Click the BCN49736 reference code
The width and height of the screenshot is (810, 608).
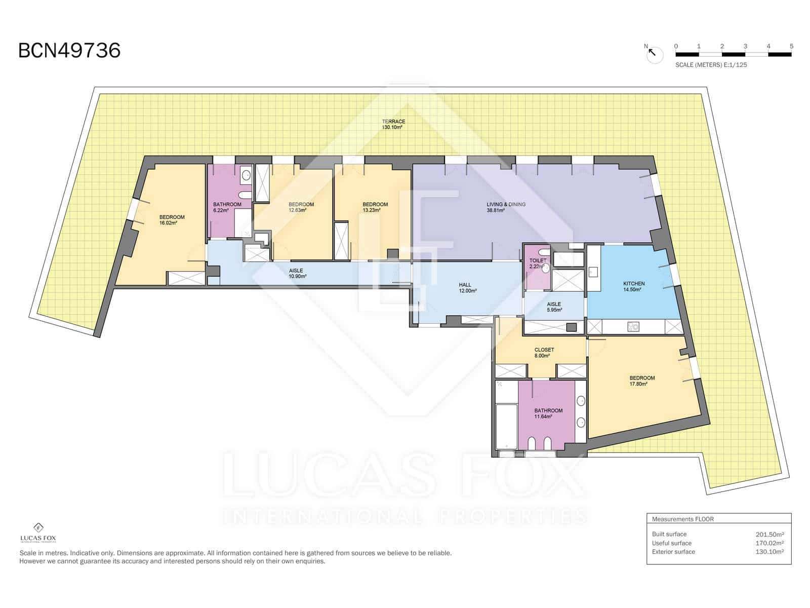point(69,51)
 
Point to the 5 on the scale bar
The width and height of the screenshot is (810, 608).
point(791,46)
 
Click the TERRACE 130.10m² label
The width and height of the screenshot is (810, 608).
point(393,124)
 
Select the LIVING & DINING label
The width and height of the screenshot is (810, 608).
point(506,204)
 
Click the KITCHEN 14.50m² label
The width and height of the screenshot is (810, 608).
point(633,287)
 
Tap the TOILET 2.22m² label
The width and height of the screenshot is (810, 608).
point(537,263)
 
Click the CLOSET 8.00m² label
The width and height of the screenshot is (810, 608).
point(544,353)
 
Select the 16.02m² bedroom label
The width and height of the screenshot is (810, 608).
point(172,219)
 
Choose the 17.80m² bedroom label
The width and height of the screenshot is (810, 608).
point(641,381)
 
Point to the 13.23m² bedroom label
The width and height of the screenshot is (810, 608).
point(375,207)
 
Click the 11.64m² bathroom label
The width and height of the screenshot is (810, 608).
point(548,413)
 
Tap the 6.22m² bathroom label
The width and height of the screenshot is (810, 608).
point(226,207)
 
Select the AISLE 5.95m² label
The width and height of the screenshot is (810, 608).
point(554,307)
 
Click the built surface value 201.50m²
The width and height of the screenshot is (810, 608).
point(769,534)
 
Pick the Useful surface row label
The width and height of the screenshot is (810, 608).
point(671,543)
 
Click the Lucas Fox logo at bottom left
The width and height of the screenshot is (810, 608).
point(38,533)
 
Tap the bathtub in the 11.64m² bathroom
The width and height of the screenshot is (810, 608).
point(506,426)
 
